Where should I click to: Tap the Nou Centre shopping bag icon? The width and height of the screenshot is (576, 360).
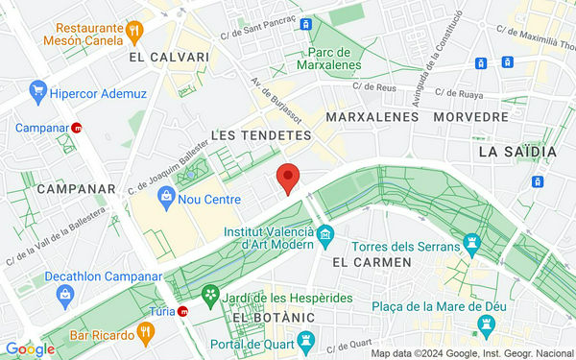pos(167,199)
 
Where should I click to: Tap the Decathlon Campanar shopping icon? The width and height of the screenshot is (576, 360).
pos(64,296)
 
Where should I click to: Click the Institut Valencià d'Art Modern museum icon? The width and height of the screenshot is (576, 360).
pos(324,234)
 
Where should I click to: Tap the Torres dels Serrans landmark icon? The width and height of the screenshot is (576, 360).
pos(470,241)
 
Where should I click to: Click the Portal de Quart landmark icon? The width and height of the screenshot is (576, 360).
pos(306,340)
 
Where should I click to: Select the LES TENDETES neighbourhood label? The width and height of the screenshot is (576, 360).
pos(260,135)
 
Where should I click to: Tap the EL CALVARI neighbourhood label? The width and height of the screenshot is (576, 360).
pos(173,58)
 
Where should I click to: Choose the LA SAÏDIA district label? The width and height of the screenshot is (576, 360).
pos(516,151)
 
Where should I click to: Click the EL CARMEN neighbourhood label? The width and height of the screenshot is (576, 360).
pos(371,261)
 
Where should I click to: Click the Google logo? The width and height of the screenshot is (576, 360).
pos(29,348)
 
